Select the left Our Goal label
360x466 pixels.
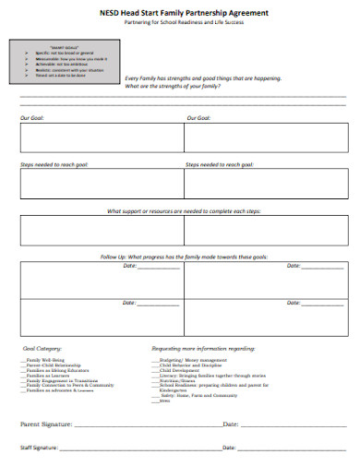[x=32, y=118]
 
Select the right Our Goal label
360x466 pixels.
[x=198, y=118]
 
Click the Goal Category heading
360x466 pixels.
[x=42, y=349]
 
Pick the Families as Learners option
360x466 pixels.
[x=46, y=375]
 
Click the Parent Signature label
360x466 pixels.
[x=42, y=424]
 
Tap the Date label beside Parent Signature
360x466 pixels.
[x=230, y=424]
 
